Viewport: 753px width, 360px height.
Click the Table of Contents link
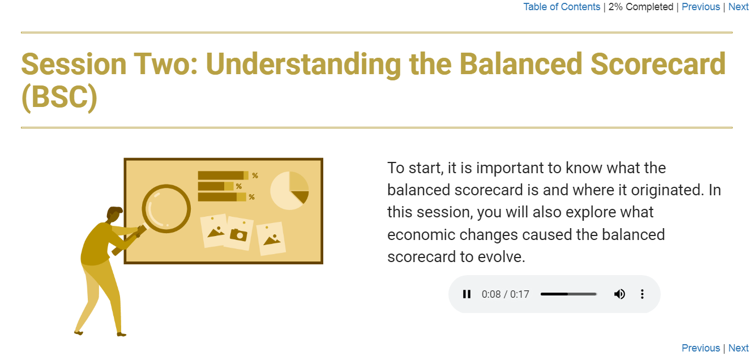562,7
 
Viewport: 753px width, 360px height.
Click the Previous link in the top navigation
700,7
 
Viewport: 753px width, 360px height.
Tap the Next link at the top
738,7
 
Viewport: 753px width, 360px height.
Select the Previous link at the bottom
700,348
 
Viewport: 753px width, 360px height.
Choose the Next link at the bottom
738,348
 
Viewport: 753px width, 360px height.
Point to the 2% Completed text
641,7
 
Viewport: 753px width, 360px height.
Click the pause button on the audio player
467,294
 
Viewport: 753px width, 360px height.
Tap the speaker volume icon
619,294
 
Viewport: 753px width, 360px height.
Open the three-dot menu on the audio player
642,294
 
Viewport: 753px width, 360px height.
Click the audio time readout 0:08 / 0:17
505,294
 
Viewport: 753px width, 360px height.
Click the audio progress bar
568,294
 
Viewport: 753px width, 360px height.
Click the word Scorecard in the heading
658,64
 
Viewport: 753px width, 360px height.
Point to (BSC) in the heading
59,97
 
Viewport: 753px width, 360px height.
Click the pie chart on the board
289,190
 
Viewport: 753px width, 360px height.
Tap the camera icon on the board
238,234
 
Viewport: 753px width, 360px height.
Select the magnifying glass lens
166,208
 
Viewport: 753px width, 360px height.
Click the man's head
114,215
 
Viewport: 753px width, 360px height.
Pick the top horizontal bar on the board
223,175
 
